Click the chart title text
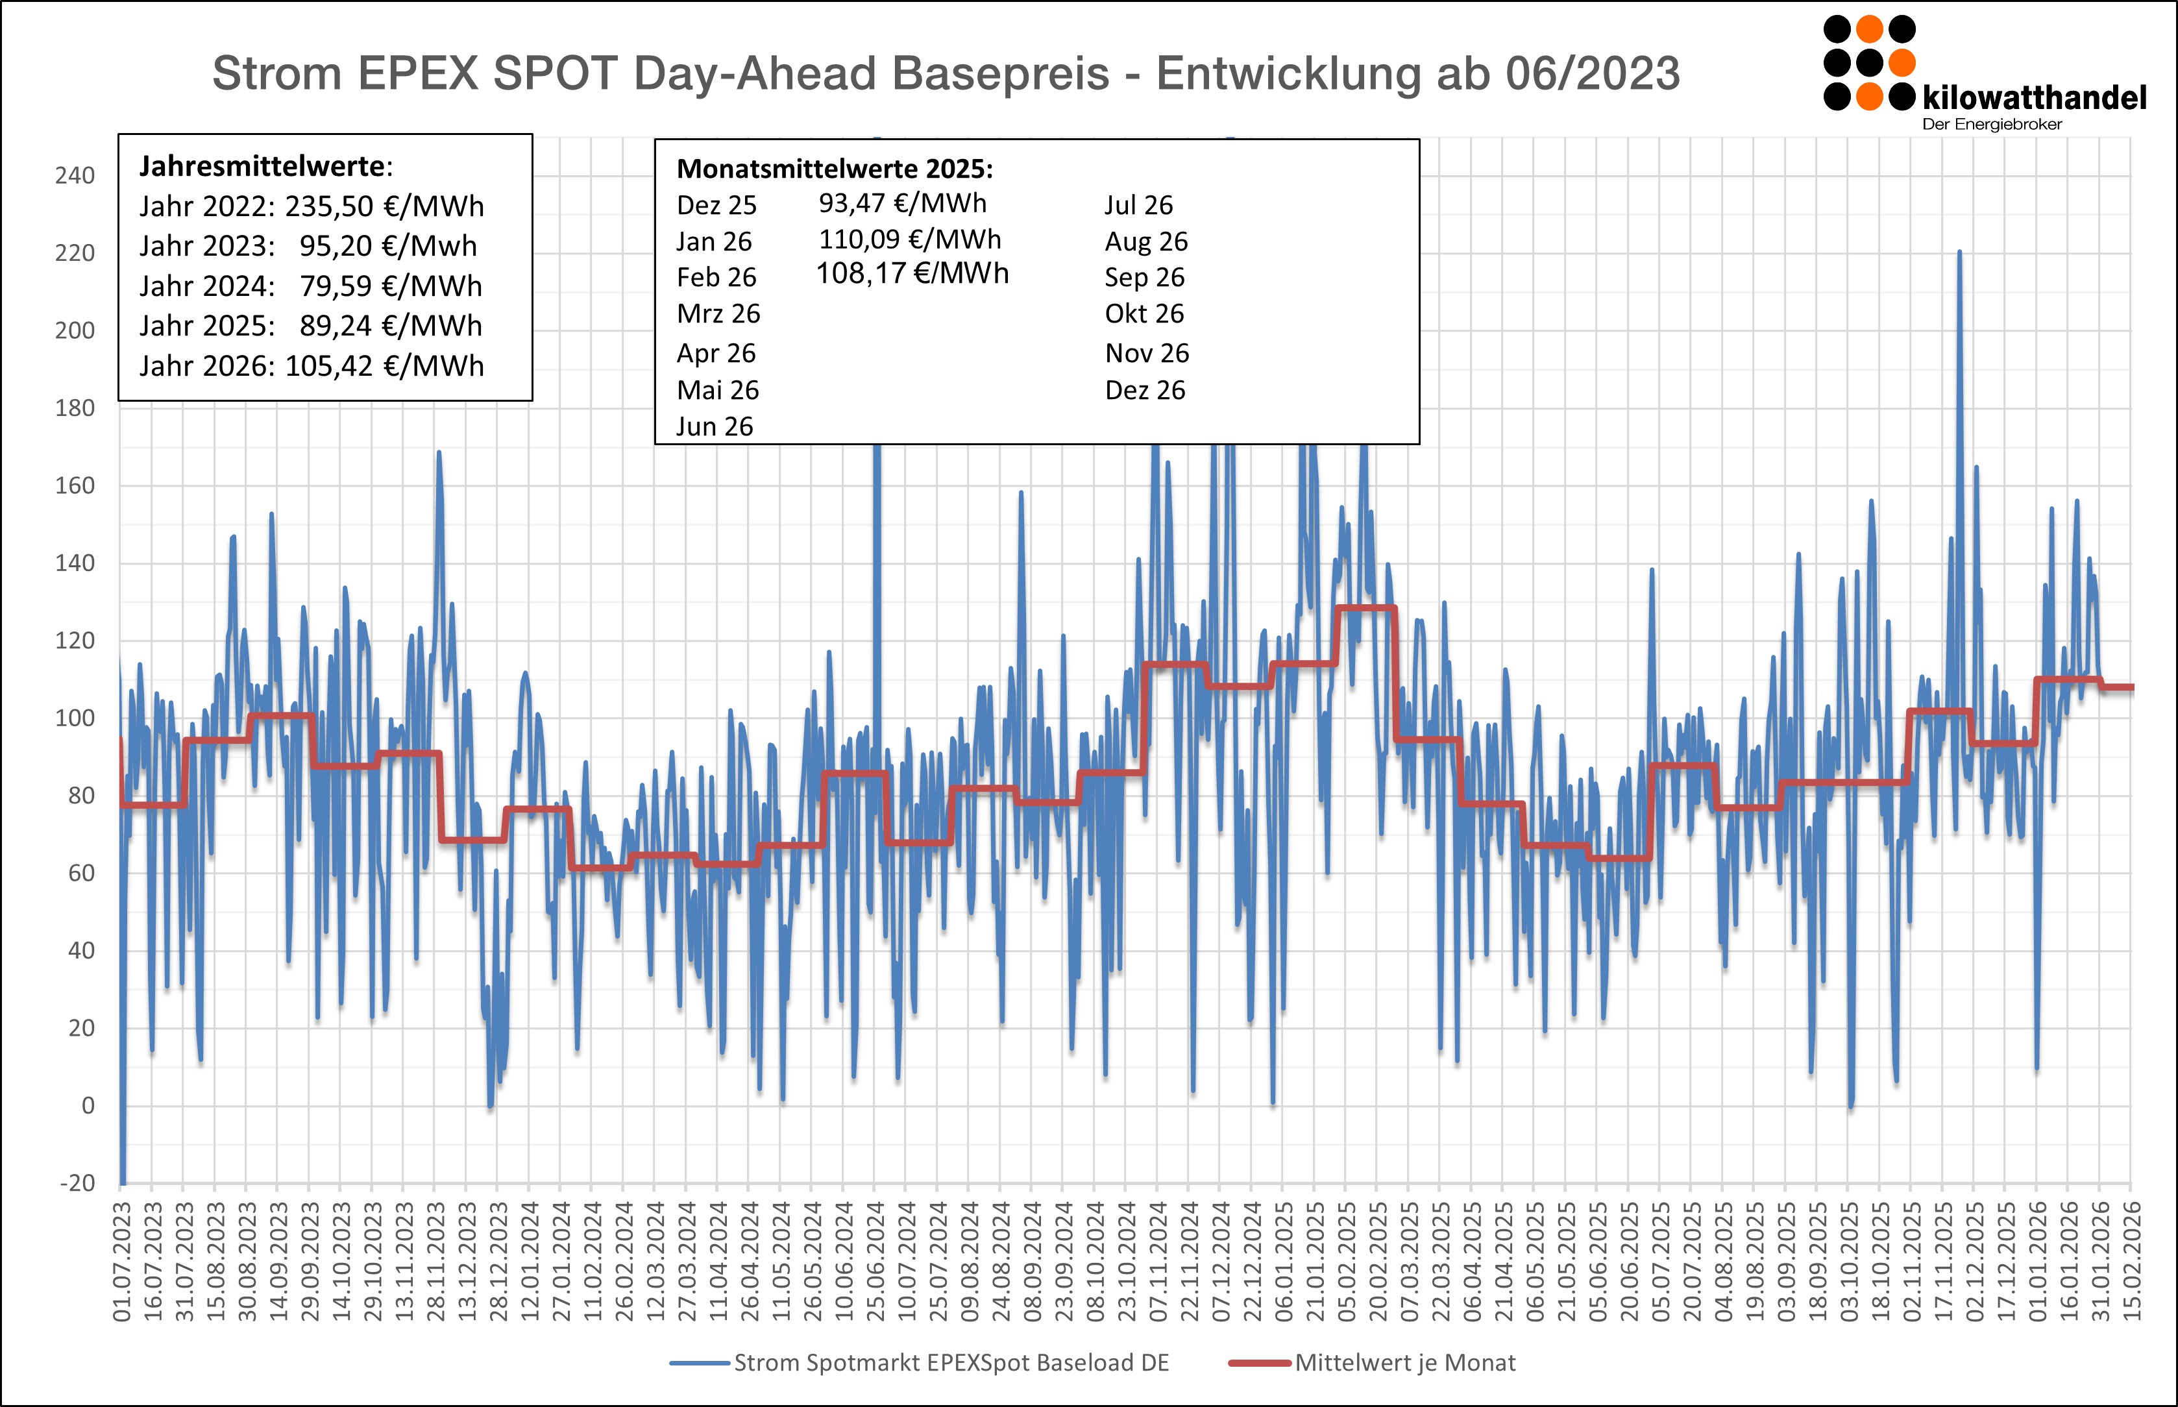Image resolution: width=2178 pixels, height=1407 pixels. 946,73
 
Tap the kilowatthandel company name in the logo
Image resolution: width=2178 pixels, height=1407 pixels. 2034,97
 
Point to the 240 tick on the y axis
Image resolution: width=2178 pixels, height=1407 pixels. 75,175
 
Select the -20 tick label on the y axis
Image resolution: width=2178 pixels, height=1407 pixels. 78,1183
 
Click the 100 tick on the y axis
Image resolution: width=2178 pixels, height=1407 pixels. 75,718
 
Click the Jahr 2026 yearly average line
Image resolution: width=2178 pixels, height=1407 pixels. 312,365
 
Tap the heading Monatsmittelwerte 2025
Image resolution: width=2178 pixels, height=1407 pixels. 834,169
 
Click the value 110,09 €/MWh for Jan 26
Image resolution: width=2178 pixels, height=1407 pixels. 910,239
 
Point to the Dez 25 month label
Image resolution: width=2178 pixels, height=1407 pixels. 716,206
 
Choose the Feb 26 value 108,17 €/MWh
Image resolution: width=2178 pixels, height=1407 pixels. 912,274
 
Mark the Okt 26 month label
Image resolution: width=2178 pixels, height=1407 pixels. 1144,314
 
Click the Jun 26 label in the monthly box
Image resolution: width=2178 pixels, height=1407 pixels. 715,426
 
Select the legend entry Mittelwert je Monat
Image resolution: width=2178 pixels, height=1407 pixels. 1404,1363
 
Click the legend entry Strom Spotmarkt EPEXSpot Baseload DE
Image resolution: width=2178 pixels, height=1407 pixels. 950,1363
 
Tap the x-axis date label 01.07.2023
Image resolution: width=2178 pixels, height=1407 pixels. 121,1262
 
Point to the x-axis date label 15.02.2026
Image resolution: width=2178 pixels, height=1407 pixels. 2131,1262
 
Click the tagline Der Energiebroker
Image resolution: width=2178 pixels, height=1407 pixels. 1992,124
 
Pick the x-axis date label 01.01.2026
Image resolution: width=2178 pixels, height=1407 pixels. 2037,1262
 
